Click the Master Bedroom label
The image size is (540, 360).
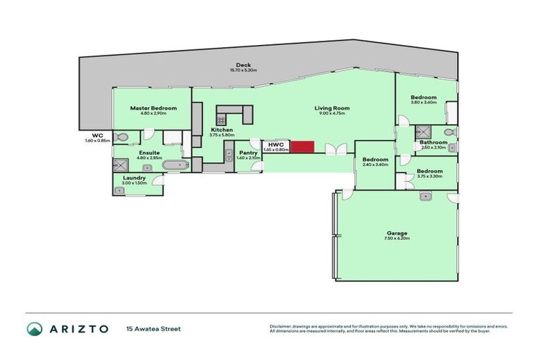(153, 108)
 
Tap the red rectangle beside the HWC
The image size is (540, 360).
(302, 147)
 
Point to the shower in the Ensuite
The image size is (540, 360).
(119, 166)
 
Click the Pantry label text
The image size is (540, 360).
(248, 153)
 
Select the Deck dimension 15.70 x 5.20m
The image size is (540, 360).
(243, 70)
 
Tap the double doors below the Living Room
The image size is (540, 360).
(335, 148)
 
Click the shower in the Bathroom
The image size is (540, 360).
(423, 131)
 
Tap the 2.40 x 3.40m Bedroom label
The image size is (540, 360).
(375, 160)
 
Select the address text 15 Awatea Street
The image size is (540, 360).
(154, 328)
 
